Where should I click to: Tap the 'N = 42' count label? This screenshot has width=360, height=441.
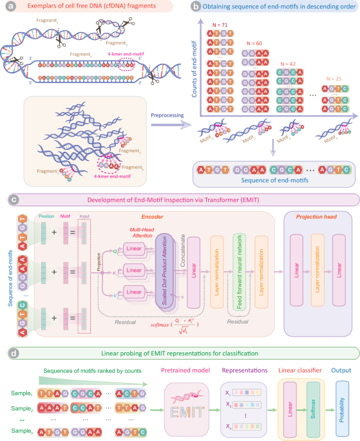[292, 63]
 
